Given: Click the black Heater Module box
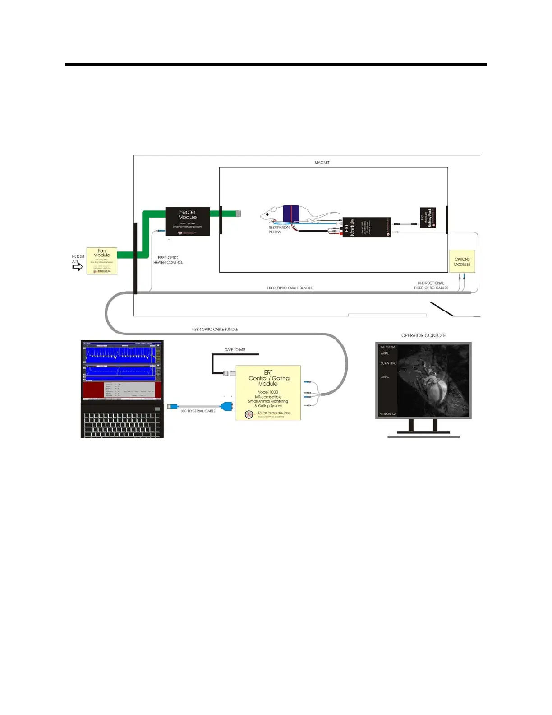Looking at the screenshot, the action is [187, 221].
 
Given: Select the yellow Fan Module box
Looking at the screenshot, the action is [102, 261].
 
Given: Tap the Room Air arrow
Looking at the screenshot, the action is [78, 266].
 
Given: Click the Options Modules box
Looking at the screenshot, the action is [462, 261].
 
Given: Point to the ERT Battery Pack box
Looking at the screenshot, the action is [428, 218].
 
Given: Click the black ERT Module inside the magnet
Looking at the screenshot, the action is [366, 227].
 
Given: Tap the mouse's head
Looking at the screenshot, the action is [269, 213].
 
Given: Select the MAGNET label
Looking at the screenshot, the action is [322, 162].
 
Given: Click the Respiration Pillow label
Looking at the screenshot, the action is [278, 230].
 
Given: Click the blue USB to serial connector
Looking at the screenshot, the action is [227, 405].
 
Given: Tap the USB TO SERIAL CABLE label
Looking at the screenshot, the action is [198, 411].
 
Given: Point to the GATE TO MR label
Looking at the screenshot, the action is [235, 350].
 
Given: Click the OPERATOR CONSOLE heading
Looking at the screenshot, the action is [423, 335].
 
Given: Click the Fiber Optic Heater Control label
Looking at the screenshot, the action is [168, 260].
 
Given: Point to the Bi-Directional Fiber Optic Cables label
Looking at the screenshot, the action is [431, 285].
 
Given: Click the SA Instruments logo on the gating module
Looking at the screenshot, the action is [249, 414].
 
